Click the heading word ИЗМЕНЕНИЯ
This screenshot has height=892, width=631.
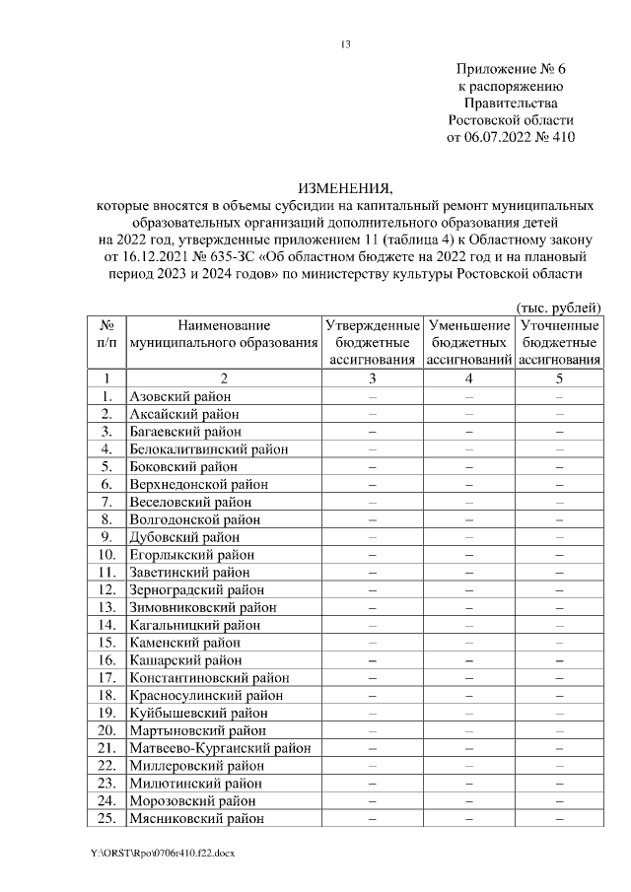tap(345, 188)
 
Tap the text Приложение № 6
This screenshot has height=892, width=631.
tap(513, 69)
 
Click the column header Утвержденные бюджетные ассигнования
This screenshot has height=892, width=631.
tap(372, 342)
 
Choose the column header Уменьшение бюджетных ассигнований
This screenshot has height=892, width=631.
tap(469, 342)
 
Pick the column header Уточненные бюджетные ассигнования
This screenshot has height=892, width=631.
tap(559, 342)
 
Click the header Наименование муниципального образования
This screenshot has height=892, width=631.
tap(224, 333)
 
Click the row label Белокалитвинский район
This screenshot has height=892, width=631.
tap(209, 448)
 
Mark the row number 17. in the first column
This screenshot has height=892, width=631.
tap(106, 677)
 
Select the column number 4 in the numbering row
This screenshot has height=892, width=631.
tap(469, 378)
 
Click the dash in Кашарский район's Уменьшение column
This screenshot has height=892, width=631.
tap(469, 660)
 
